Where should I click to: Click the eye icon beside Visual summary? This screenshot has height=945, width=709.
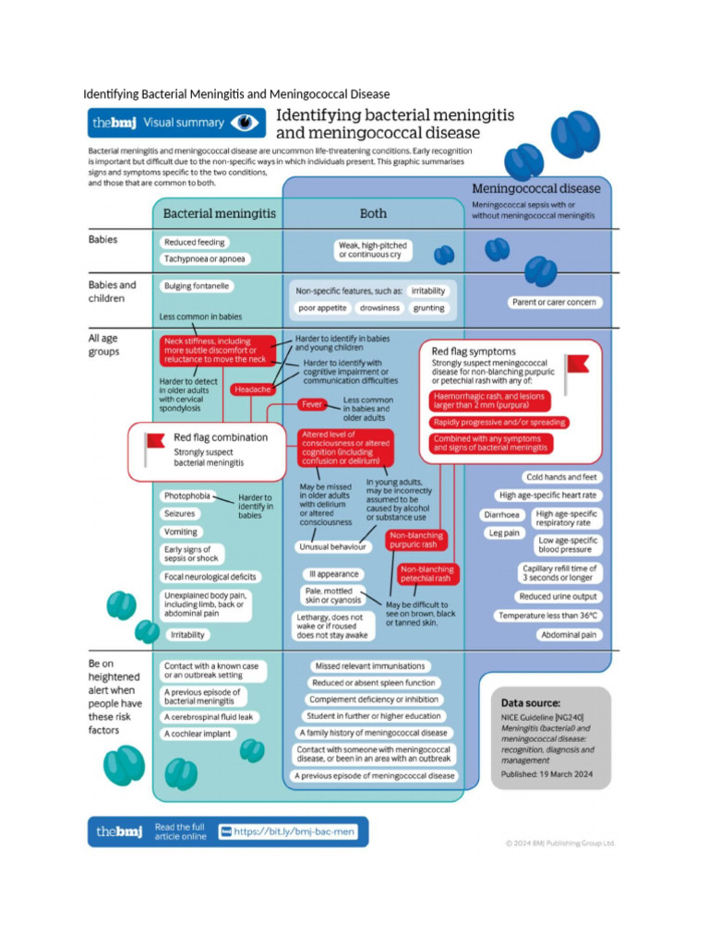pos(244,122)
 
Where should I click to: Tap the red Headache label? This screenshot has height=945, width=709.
pos(252,389)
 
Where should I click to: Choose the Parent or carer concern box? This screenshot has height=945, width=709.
pos(554,302)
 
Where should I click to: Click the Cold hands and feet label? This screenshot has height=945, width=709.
pos(561,477)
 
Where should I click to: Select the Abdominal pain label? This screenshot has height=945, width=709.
pos(570,635)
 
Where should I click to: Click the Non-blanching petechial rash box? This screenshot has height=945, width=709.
pos(426,574)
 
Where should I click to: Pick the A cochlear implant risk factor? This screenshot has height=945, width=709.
pos(198,734)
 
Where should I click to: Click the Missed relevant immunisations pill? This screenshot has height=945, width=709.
pos(369,665)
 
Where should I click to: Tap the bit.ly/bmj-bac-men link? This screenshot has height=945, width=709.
pos(294,831)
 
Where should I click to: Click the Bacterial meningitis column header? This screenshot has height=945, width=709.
pos(219,213)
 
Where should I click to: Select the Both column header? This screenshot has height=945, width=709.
pos(373,213)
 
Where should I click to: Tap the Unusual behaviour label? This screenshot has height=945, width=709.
pos(332,546)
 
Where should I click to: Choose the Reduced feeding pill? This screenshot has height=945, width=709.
pos(194,243)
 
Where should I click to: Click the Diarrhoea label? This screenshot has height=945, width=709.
pos(503,514)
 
